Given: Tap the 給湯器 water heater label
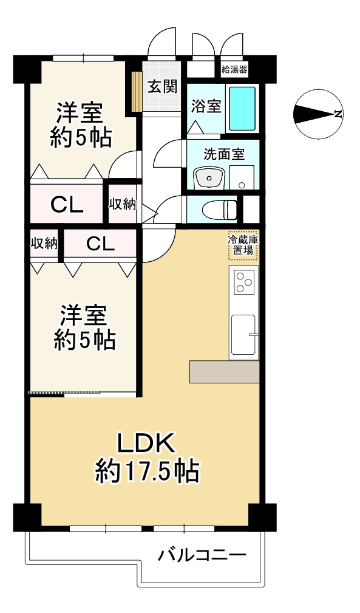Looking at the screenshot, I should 234,69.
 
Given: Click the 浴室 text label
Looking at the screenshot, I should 205,106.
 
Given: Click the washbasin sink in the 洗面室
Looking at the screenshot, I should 209,179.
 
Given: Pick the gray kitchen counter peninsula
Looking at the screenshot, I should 224,372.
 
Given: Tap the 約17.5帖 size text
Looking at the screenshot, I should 147,471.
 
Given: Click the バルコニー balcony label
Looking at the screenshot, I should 202,555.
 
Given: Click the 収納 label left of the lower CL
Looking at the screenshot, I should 44,244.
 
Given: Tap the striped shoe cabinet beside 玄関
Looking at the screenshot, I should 137,92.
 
